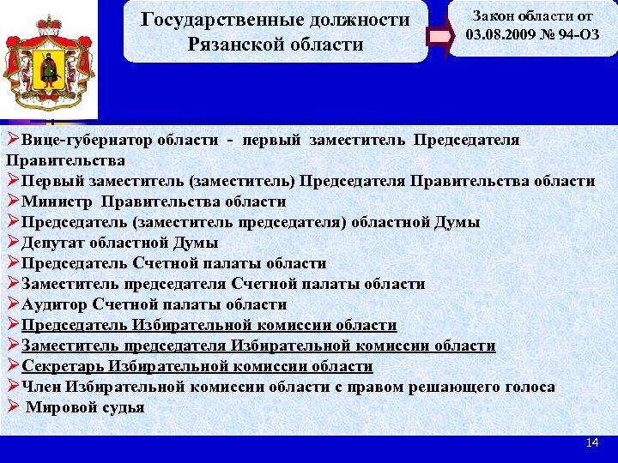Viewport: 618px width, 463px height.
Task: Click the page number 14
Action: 591,442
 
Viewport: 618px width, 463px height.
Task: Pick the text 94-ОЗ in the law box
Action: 577,36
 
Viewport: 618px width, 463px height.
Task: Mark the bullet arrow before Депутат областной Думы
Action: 12,243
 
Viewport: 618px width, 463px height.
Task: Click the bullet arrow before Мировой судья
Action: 12,407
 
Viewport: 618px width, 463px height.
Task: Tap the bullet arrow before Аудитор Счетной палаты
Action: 12,304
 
